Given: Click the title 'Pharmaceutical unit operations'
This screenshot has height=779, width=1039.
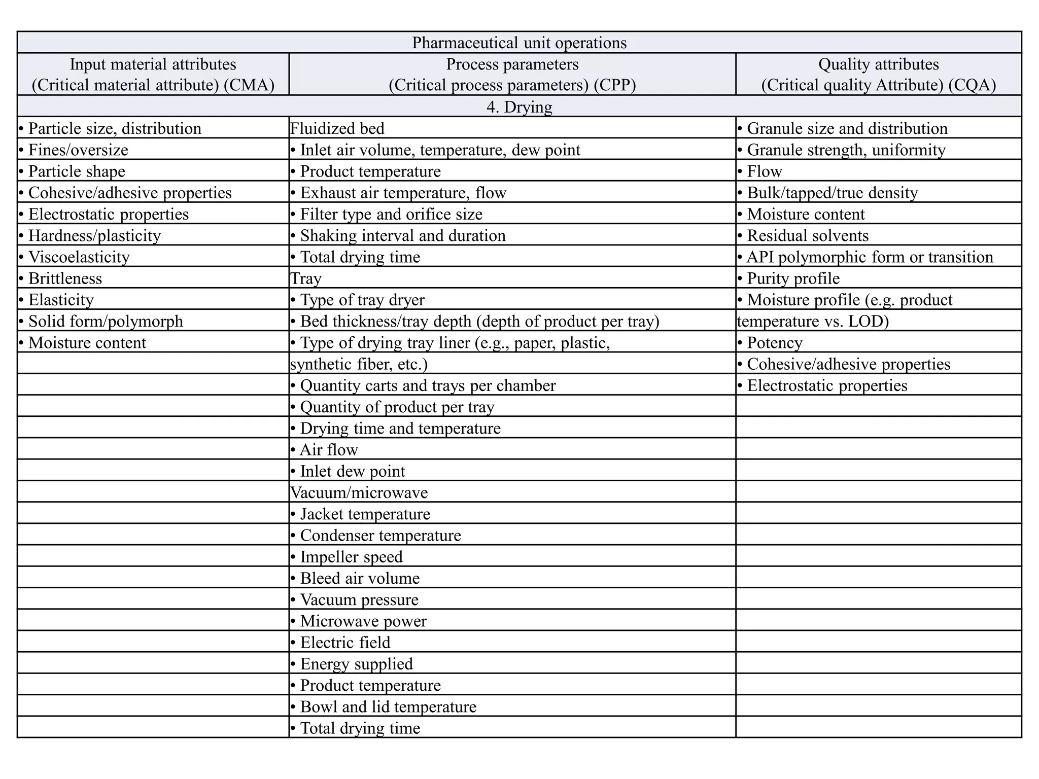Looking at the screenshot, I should click(x=519, y=43).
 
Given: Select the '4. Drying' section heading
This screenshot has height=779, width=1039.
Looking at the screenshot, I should click(x=519, y=107).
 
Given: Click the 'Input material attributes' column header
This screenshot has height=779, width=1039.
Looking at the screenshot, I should click(x=153, y=64).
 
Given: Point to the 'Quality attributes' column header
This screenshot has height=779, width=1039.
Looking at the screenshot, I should click(x=878, y=64).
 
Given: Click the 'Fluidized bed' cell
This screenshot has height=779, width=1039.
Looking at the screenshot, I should click(x=337, y=128).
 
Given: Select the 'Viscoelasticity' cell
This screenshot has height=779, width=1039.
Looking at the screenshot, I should click(x=79, y=257).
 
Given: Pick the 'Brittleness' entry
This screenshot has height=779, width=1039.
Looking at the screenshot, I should click(x=65, y=278).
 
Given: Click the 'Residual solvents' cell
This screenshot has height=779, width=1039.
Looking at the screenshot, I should click(x=807, y=236).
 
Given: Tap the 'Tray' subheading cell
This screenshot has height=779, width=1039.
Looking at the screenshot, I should click(x=306, y=278).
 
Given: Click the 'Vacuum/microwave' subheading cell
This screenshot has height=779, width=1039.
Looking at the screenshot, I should click(x=359, y=492).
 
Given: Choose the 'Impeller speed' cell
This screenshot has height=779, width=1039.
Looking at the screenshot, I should click(x=351, y=557).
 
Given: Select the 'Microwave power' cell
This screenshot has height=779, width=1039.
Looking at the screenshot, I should click(x=363, y=621).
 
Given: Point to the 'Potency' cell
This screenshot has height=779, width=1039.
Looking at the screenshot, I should click(x=774, y=343).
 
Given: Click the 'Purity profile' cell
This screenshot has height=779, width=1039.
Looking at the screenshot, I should click(x=793, y=278).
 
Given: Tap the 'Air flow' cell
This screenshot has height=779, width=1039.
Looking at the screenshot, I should click(x=329, y=450).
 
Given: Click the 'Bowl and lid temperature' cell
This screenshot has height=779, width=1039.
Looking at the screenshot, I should click(x=388, y=707).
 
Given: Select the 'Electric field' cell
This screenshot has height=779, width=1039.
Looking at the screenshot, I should click(x=345, y=643).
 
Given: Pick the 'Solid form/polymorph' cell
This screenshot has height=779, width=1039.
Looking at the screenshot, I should click(x=106, y=322).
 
